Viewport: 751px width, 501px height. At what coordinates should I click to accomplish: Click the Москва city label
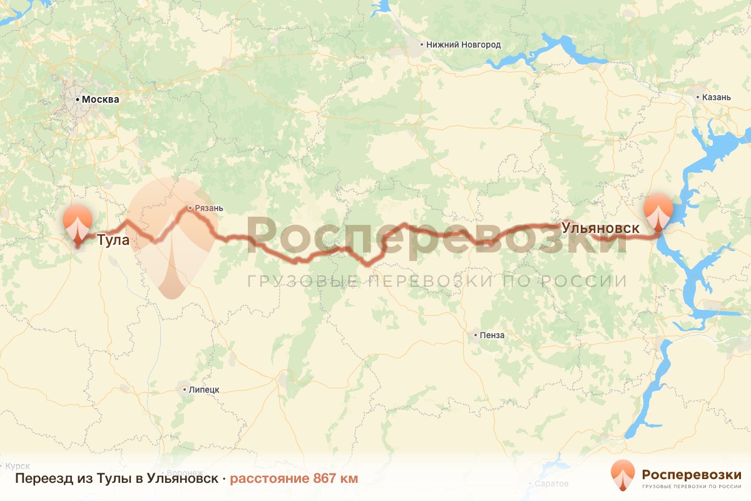coord(100,100)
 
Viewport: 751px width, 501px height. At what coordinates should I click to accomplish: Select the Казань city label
coord(717,97)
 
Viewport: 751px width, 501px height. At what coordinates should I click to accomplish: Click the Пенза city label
coord(493,335)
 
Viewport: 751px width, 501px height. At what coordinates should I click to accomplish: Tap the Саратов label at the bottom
coord(552,484)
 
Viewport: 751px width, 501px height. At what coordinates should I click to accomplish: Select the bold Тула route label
coord(113,240)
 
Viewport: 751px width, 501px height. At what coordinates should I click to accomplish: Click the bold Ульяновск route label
coord(601,229)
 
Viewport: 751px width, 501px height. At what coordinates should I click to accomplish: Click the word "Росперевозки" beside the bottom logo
coord(692,475)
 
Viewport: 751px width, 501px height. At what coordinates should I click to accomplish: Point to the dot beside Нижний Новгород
coord(422,45)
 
